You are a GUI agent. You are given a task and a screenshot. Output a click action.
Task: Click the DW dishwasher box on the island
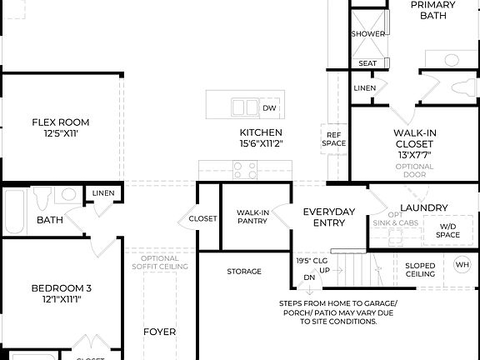pyautogui.click(x=269, y=107)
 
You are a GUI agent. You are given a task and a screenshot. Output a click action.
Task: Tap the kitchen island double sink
pyautogui.click(x=244, y=107)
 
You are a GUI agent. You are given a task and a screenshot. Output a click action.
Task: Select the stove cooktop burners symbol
pyautogui.click(x=245, y=170)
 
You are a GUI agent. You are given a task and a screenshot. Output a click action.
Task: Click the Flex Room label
pyautogui.click(x=61, y=122)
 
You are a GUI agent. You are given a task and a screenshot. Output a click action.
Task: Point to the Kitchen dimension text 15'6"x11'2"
pyautogui.click(x=261, y=143)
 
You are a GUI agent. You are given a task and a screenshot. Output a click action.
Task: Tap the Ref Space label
pyautogui.click(x=334, y=138)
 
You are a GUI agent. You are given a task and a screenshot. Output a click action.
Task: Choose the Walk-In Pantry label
pyautogui.click(x=252, y=217)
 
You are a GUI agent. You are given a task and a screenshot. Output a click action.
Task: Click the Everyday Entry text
pyautogui.click(x=329, y=217)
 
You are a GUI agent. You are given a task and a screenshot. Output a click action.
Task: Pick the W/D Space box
pyautogui.click(x=447, y=230)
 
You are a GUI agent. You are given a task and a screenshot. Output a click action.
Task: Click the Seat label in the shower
pyautogui.click(x=367, y=63)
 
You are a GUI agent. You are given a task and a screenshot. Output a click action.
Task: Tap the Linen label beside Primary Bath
pyautogui.click(x=364, y=87)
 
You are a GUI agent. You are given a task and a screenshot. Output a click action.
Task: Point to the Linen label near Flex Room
pyautogui.click(x=103, y=193)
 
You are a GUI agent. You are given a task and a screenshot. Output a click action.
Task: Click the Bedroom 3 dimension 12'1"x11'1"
pyautogui.click(x=62, y=300)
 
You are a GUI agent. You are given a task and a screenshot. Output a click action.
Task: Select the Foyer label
pyautogui.click(x=159, y=332)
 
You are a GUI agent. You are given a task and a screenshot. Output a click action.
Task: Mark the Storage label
pyautogui.click(x=244, y=272)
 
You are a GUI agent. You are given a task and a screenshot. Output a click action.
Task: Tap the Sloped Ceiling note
pyautogui.click(x=420, y=269)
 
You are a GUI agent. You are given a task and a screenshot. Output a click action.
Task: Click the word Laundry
pyautogui.click(x=424, y=207)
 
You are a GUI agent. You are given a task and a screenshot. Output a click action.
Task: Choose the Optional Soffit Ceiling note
pyautogui.click(x=159, y=262)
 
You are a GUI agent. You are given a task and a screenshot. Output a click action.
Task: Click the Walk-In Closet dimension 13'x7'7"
pyautogui.click(x=415, y=155)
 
